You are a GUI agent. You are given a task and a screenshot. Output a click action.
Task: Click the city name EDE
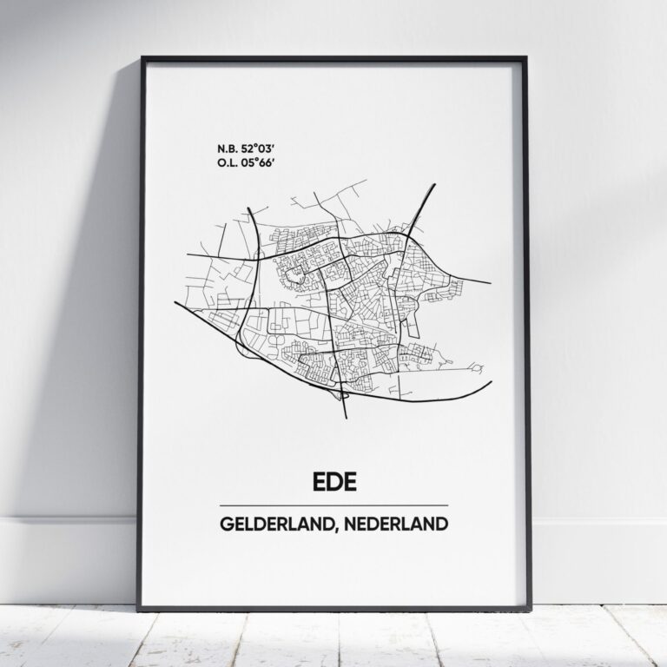(x=333, y=481)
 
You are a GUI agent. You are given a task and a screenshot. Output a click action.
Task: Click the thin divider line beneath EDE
(x=333, y=505)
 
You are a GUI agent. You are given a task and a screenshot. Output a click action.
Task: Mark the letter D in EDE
(x=333, y=481)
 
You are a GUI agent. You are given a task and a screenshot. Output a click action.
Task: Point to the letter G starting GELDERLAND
(x=226, y=525)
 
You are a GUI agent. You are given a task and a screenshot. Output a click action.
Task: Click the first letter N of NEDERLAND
(x=368, y=525)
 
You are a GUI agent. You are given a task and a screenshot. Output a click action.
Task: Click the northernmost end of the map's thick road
(x=433, y=185)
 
